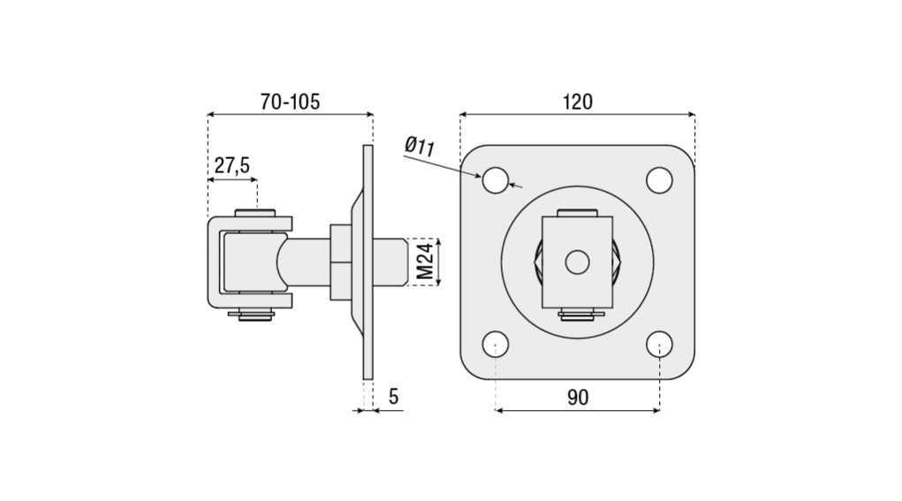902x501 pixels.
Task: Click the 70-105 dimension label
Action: coord(290,102)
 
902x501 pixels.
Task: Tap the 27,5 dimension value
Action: coord(231,165)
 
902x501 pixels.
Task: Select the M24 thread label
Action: coord(425,262)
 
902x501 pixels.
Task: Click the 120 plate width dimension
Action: coord(578,102)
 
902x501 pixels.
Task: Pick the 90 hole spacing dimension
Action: coord(578,397)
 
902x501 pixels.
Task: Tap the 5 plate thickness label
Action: coord(393,397)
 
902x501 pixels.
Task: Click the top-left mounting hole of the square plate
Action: coord(496,180)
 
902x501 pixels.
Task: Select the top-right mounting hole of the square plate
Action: coord(659,180)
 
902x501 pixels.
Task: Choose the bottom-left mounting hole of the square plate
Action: coord(496,345)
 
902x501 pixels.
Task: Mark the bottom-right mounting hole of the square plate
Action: coord(659,345)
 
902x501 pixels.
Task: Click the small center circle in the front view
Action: coord(577,262)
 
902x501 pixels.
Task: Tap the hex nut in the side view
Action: coord(339,262)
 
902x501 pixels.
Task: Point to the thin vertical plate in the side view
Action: coord(368,262)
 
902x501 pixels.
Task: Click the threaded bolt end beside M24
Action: coord(390,262)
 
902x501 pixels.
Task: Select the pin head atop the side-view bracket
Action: coord(254,213)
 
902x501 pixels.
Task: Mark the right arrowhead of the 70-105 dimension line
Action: coord(369,115)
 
